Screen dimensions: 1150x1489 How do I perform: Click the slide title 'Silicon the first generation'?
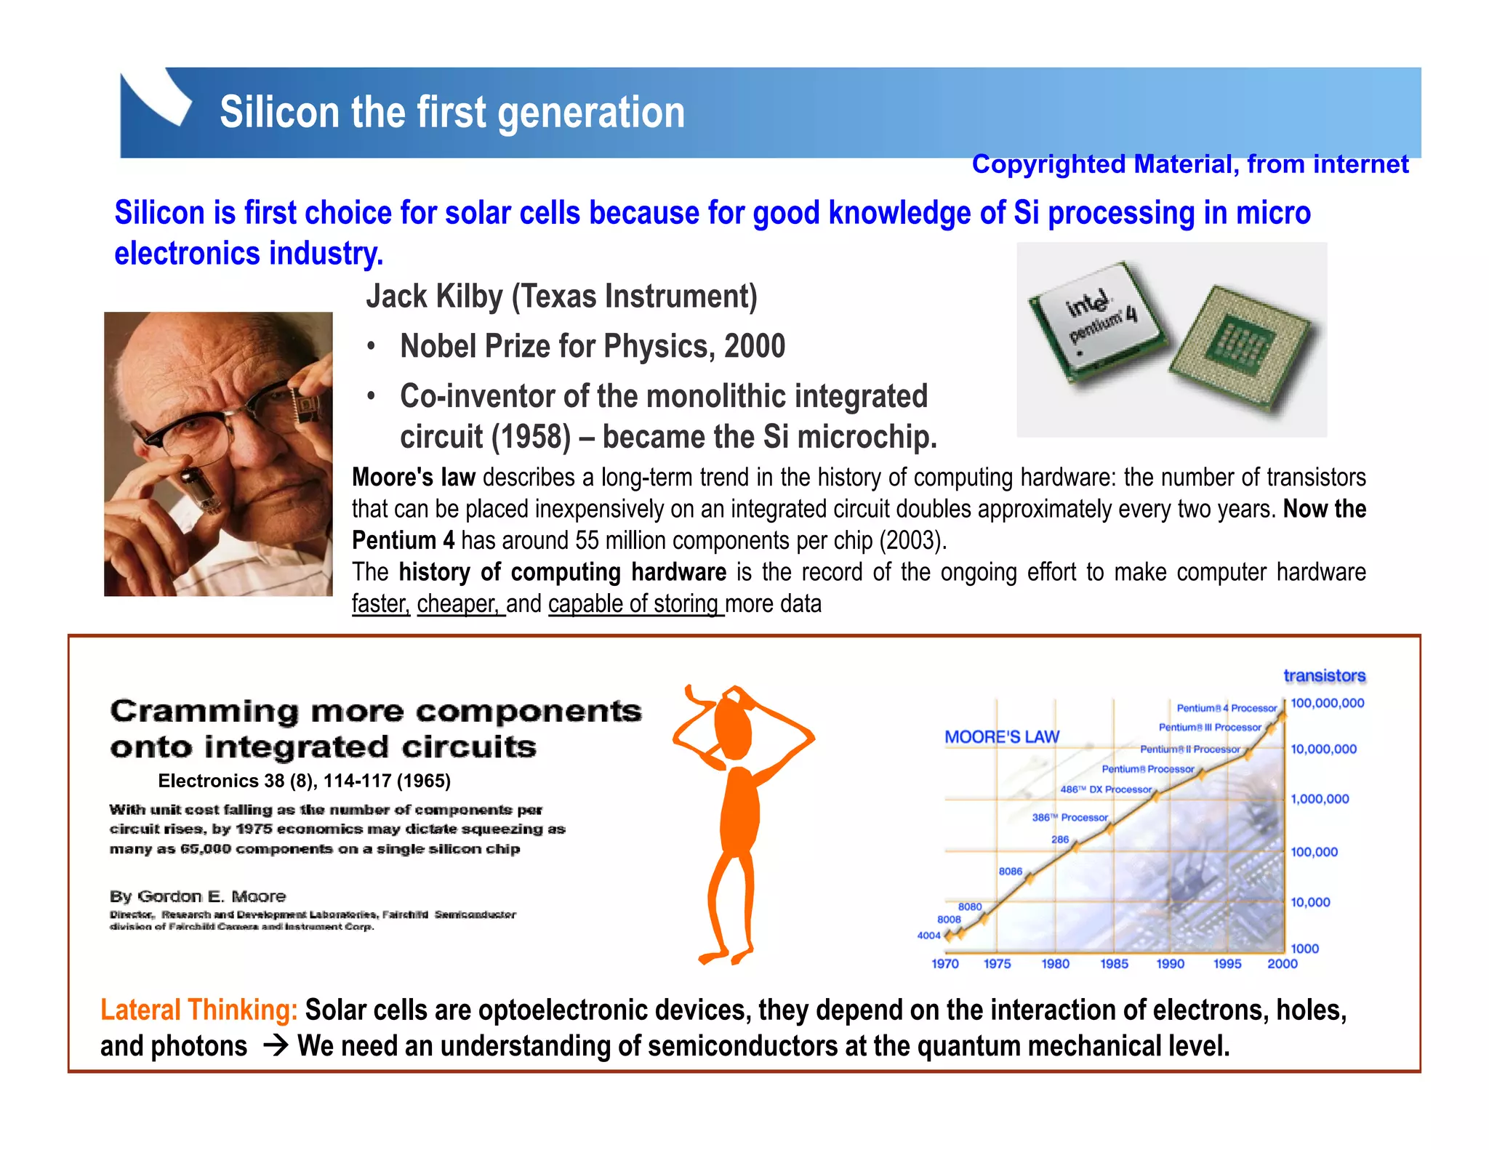(451, 113)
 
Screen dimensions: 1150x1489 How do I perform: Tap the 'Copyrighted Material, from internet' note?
(1189, 164)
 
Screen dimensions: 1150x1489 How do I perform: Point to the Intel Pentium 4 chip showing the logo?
(1098, 321)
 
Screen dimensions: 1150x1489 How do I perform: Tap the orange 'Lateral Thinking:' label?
(198, 1010)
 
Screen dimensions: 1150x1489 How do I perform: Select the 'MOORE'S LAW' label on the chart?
(1001, 737)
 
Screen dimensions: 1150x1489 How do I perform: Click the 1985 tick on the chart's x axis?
(1113, 964)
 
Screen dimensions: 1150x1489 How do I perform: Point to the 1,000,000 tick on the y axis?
(1319, 799)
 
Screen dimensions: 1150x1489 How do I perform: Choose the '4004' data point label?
(928, 936)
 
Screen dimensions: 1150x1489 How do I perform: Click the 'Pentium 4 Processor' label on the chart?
(1226, 708)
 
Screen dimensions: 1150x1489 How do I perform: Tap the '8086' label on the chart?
(1010, 871)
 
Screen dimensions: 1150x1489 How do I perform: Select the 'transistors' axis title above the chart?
(1324, 676)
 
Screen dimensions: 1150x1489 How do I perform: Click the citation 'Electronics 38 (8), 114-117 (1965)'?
(304, 781)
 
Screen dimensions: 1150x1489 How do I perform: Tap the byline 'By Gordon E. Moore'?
(198, 896)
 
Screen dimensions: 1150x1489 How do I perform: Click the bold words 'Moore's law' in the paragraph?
(413, 478)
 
